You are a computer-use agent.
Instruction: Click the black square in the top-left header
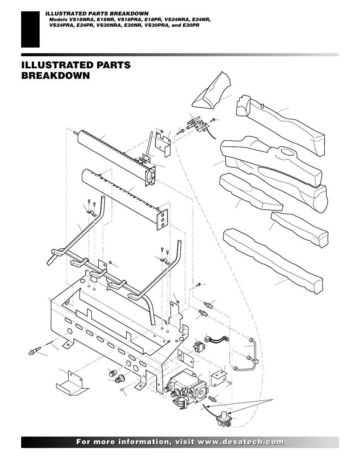pyautogui.click(x=30, y=29)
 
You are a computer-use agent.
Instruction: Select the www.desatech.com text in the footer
pyautogui.click(x=246, y=442)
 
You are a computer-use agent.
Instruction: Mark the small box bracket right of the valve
pyautogui.click(x=218, y=378)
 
